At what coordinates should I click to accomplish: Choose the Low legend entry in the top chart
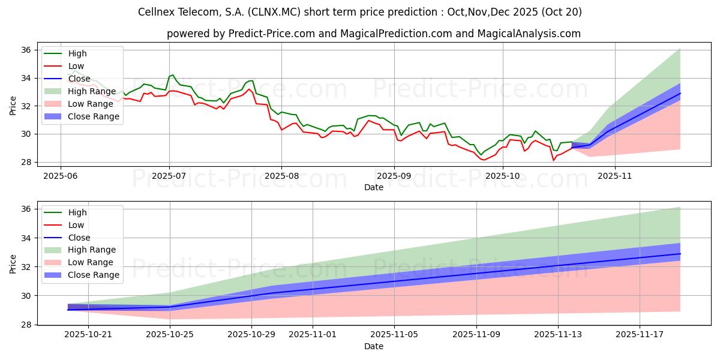76,66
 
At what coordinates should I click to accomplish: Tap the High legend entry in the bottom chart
77,212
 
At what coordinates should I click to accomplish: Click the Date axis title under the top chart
374,187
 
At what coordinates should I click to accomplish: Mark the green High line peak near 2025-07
173,75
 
